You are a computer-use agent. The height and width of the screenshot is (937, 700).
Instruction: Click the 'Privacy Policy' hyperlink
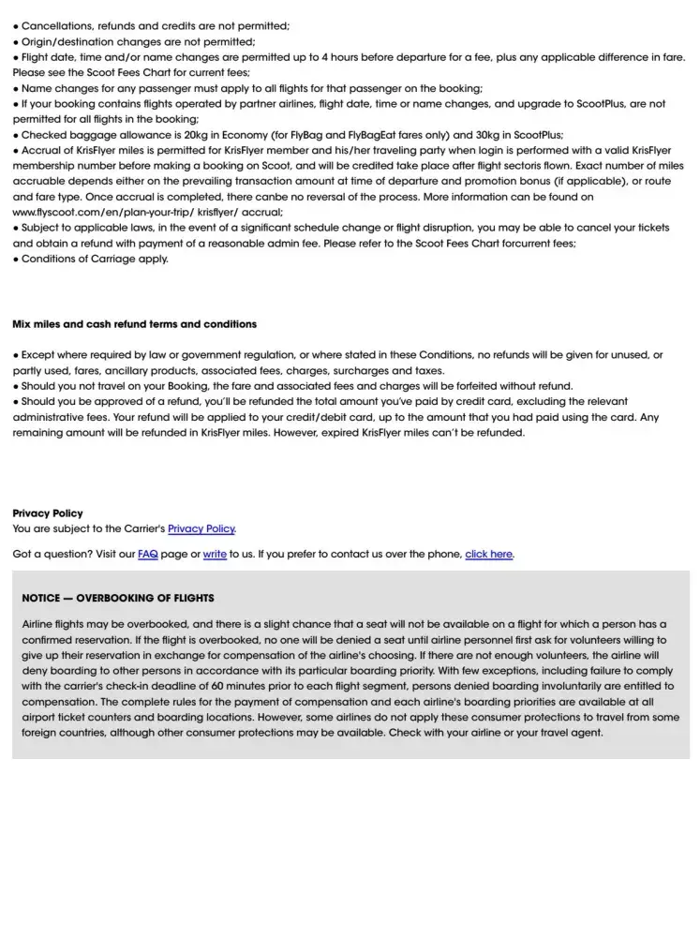[201, 528]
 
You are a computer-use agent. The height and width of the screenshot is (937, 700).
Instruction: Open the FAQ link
[147, 554]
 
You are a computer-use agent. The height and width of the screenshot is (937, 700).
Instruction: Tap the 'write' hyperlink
[215, 554]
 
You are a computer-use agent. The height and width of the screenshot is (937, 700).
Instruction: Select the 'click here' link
[488, 554]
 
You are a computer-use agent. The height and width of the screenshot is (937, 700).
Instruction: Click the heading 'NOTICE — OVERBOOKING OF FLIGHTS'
[118, 598]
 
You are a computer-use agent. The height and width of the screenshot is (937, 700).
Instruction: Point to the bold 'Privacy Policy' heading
[48, 513]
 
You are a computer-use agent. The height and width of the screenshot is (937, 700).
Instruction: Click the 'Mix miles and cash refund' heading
[134, 324]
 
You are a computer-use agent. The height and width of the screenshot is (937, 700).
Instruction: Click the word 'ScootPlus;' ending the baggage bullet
[536, 135]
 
